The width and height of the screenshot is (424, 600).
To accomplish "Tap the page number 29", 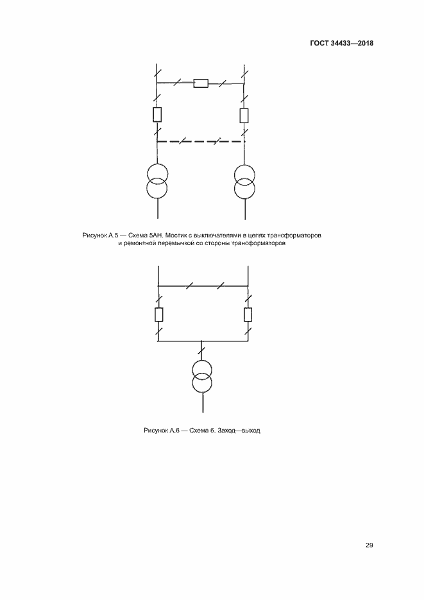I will click(x=369, y=545).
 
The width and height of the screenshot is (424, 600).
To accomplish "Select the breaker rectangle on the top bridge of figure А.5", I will click(x=200, y=83).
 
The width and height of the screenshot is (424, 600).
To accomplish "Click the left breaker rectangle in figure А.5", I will click(x=157, y=115).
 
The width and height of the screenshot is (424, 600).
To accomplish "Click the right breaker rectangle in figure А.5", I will click(x=244, y=115).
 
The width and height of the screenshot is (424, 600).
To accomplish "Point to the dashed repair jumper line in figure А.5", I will click(x=200, y=141).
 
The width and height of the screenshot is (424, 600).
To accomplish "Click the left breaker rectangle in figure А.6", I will click(x=158, y=314).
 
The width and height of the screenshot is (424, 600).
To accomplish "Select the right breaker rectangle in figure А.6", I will click(x=248, y=314).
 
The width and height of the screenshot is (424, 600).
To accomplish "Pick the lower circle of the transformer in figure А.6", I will click(x=202, y=383).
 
